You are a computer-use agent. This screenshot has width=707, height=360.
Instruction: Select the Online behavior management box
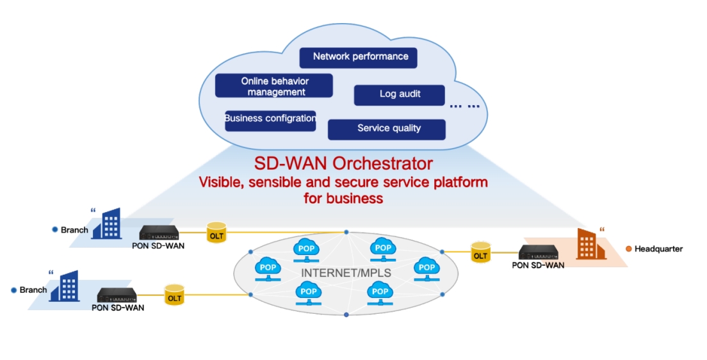(273, 86)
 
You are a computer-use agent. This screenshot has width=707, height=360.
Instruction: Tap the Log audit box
(399, 95)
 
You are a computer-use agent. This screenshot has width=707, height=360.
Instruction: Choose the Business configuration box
(270, 119)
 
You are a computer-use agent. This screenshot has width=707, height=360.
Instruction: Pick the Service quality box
(386, 129)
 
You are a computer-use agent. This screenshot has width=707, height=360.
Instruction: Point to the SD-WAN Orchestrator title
(343, 163)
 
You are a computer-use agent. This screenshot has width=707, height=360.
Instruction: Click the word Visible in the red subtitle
(221, 182)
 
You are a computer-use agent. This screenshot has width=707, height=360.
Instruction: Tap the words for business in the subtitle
(343, 199)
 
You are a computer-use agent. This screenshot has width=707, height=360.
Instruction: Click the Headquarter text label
(658, 249)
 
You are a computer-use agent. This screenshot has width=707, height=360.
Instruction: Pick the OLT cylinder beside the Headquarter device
(480, 252)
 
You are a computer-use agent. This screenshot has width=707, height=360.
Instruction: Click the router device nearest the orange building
(541, 252)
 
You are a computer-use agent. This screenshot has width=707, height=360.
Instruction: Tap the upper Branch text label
(74, 229)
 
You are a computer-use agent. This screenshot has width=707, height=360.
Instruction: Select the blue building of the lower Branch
(63, 286)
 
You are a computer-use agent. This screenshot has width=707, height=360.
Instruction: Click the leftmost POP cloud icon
(268, 269)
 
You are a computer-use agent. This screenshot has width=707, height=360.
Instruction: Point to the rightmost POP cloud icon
(427, 269)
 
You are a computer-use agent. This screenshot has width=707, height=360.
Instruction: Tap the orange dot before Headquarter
(628, 249)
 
